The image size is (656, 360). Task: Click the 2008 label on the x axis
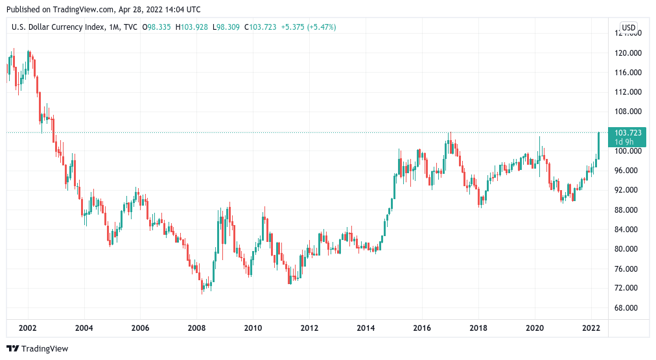(196, 329)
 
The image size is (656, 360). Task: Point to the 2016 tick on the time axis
(422, 329)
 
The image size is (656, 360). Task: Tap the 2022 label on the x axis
(591, 329)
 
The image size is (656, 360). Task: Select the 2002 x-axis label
(27, 329)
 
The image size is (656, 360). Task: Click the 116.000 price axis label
(628, 73)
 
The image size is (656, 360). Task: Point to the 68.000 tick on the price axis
(628, 308)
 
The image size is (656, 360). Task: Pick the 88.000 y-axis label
(628, 210)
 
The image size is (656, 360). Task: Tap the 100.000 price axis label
(628, 151)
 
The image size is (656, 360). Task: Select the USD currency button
(628, 27)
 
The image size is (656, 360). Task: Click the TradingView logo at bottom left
(37, 348)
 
